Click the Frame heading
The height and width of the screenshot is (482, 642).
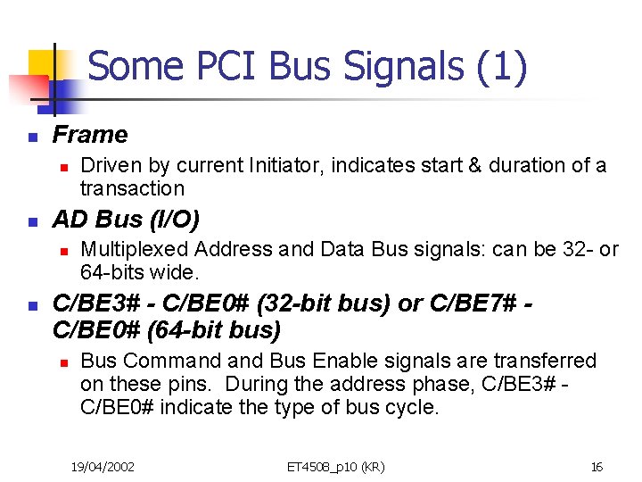pyautogui.click(x=90, y=135)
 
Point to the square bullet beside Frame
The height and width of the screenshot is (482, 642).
pyautogui.click(x=31, y=137)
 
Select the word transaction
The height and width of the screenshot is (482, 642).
pyautogui.click(x=132, y=188)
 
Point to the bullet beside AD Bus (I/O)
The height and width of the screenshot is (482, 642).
pyautogui.click(x=31, y=222)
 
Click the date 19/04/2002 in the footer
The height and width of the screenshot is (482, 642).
pyautogui.click(x=103, y=466)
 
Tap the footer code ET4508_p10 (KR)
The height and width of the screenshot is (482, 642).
pyautogui.click(x=335, y=466)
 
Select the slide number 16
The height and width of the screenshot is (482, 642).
pyautogui.click(x=597, y=466)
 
